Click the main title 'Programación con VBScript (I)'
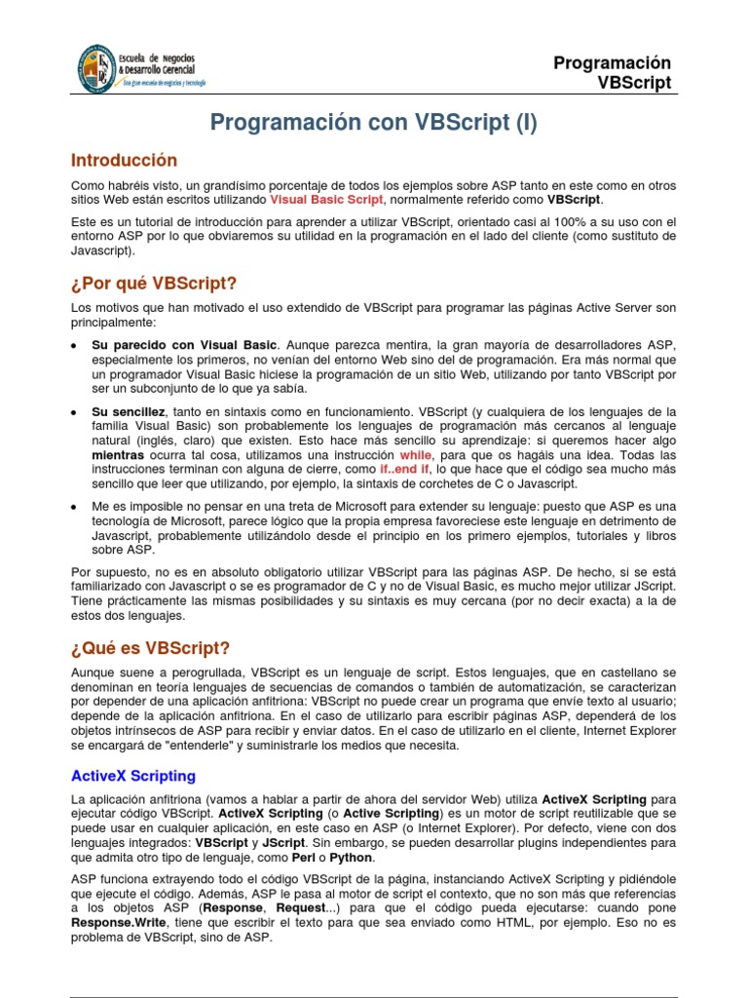pos(374,123)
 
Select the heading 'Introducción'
pos(125,160)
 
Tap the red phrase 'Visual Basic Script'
pos(327,200)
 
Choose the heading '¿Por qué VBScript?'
pos(154,284)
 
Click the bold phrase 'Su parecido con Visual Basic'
pos(184,346)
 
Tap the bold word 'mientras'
pos(117,454)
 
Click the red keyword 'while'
pos(416,454)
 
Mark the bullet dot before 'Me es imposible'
pos(76,507)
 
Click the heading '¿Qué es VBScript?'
pos(151,648)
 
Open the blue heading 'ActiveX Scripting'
pos(133,776)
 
